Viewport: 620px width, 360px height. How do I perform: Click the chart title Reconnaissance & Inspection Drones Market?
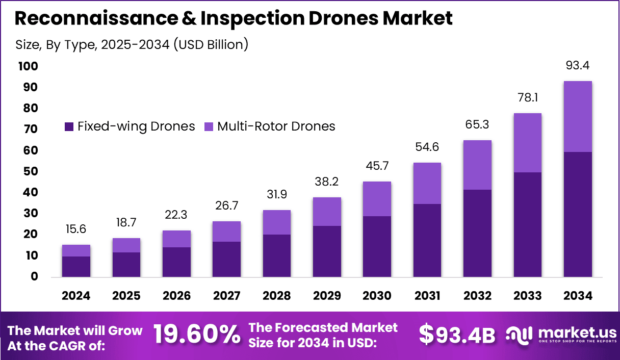233,19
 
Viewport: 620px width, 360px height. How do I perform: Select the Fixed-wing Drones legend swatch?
69,126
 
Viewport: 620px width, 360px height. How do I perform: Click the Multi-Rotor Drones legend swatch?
209,126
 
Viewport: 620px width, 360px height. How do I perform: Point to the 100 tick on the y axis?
28,66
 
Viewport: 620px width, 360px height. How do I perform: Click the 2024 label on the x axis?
76,296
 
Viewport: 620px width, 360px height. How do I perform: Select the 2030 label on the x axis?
377,296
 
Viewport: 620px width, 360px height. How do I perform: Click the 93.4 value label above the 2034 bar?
578,66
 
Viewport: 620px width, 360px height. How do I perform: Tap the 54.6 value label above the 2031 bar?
427,147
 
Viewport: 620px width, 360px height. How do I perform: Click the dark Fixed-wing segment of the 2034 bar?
578,214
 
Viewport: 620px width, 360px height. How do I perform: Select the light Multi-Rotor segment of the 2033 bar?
528,143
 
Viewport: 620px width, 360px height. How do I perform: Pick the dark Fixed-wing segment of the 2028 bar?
277,255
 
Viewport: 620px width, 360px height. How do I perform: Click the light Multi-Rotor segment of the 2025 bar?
126,245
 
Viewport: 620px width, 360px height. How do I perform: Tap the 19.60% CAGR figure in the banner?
197,335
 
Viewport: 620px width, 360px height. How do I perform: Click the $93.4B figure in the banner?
457,335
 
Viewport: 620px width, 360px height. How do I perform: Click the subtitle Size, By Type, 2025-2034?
132,44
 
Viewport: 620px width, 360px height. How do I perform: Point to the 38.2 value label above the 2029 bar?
327,182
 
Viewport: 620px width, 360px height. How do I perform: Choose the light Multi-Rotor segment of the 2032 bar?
477,165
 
